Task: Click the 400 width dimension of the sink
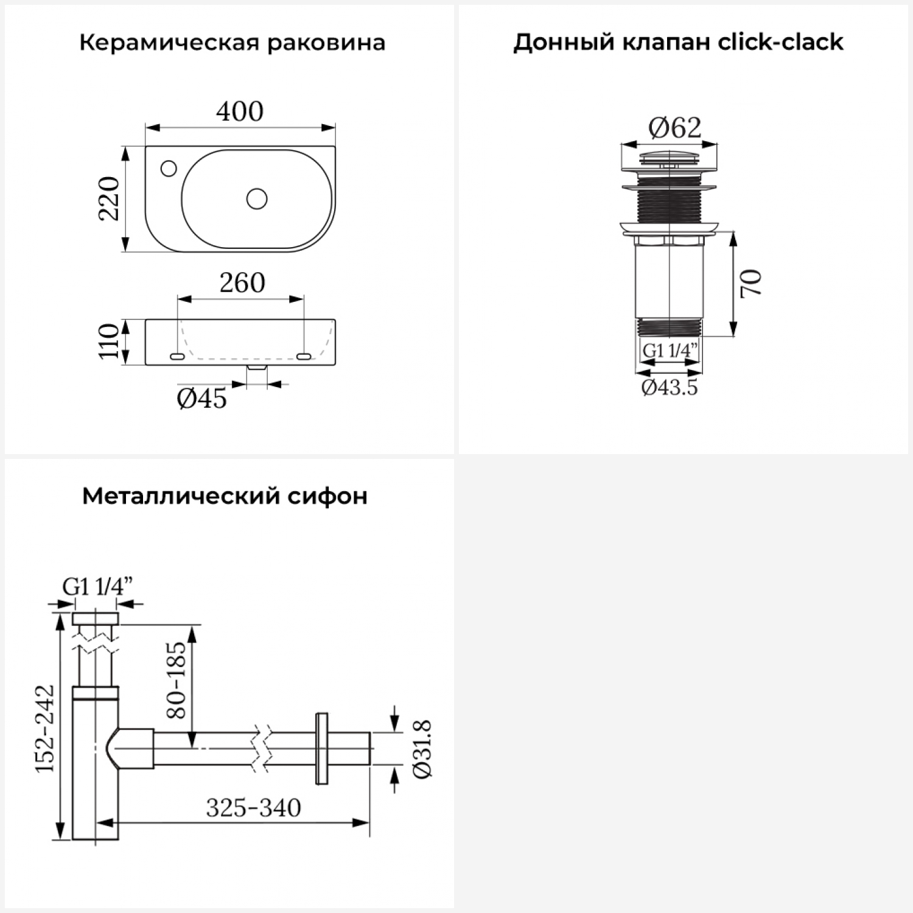pyautogui.click(x=240, y=111)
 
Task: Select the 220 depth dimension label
pyautogui.click(x=110, y=198)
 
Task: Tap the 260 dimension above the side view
pyautogui.click(x=242, y=283)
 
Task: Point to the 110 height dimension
pyautogui.click(x=110, y=341)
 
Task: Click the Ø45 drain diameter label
pyautogui.click(x=202, y=399)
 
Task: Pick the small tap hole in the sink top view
pyautogui.click(x=168, y=167)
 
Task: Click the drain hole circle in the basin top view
pyautogui.click(x=257, y=198)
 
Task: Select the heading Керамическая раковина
pyautogui.click(x=233, y=43)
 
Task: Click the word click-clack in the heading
pyautogui.click(x=781, y=42)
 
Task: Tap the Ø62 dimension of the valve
pyautogui.click(x=675, y=128)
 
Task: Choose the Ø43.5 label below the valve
pyautogui.click(x=670, y=387)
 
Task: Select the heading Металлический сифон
pyautogui.click(x=225, y=496)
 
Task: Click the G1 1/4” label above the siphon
pyautogui.click(x=97, y=587)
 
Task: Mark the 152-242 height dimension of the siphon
pyautogui.click(x=44, y=729)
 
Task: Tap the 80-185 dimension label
pyautogui.click(x=176, y=680)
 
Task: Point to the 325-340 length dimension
pyautogui.click(x=254, y=808)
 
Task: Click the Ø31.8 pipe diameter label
pyautogui.click(x=422, y=749)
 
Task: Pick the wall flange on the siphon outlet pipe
pyautogui.click(x=321, y=748)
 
